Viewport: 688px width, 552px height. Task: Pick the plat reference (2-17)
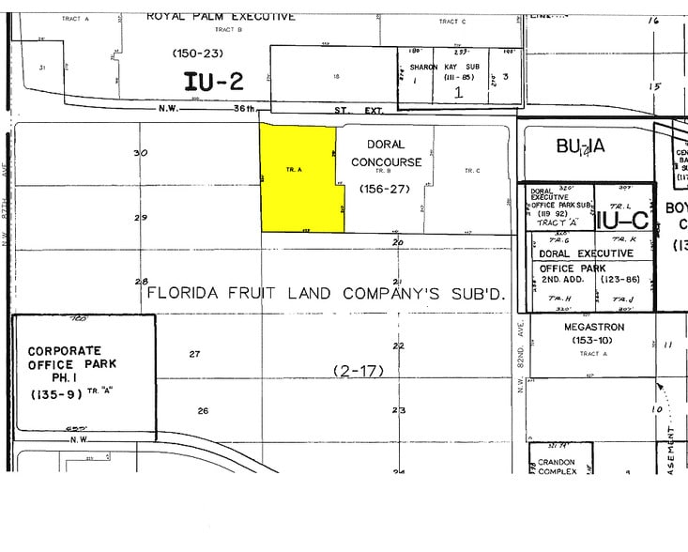359,371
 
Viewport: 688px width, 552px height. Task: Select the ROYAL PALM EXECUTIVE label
222,16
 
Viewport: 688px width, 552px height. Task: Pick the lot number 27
194,354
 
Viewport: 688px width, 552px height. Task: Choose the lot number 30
141,153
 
